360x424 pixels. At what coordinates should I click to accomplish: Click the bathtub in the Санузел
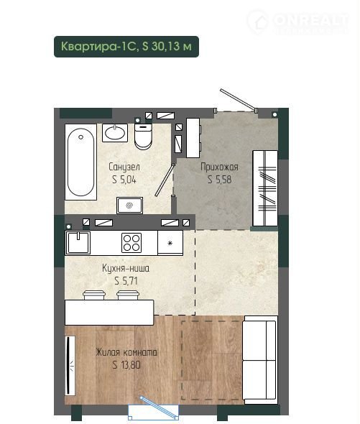click(x=80, y=162)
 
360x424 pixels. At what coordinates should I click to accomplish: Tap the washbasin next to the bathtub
click(x=115, y=133)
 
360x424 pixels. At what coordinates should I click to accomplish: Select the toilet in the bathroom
click(x=143, y=137)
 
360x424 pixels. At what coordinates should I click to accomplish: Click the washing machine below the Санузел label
click(x=129, y=206)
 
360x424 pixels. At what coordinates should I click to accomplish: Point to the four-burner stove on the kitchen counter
click(x=131, y=243)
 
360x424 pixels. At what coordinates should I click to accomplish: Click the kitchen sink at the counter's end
click(x=78, y=243)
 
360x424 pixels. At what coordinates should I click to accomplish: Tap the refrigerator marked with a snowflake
click(x=170, y=243)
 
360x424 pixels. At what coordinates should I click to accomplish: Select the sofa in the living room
click(x=259, y=359)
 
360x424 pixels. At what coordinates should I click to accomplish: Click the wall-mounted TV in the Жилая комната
click(x=70, y=365)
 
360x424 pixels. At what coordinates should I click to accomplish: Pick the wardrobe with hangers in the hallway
click(x=265, y=188)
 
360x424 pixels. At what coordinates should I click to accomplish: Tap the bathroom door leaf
click(x=165, y=180)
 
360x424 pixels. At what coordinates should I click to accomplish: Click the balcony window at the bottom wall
click(x=153, y=412)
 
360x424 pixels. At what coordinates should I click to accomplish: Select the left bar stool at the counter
click(x=93, y=295)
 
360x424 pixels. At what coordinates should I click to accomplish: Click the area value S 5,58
click(x=219, y=180)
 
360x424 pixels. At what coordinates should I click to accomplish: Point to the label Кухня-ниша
click(x=126, y=268)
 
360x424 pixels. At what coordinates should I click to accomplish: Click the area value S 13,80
click(x=126, y=365)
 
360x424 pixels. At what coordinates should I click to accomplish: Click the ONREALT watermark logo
click(x=297, y=22)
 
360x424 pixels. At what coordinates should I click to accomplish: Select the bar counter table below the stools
click(x=109, y=313)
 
